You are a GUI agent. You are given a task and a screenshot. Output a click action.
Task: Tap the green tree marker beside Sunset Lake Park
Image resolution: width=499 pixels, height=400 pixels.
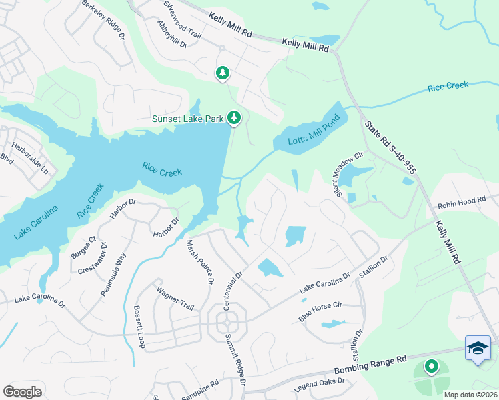[233, 117]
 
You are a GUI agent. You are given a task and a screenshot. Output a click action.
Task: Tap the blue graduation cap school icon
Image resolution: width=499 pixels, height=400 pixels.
[478, 348]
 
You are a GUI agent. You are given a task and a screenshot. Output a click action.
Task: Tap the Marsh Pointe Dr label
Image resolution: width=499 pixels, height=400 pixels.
[199, 262]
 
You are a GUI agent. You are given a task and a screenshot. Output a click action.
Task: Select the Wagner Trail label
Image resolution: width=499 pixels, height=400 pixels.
[175, 299]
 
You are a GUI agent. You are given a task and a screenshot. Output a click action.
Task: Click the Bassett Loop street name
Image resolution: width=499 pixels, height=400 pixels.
[139, 327]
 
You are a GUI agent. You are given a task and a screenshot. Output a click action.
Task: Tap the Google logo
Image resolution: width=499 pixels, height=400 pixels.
[22, 391]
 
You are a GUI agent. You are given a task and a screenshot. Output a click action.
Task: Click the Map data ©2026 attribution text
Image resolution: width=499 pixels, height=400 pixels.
[470, 395]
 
